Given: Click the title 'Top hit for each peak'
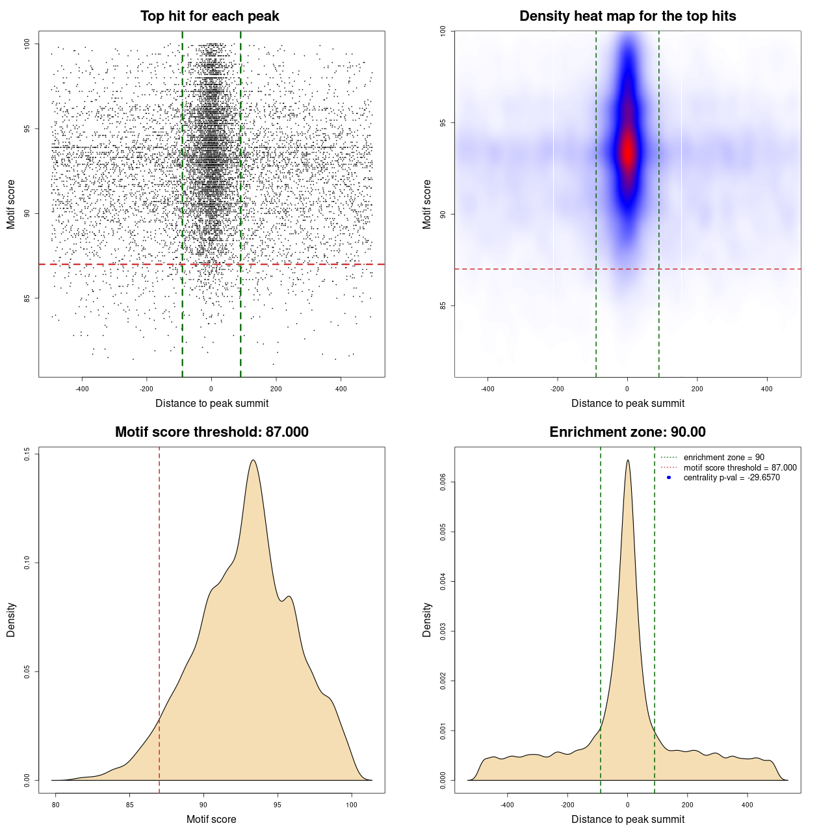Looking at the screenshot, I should click(x=209, y=16).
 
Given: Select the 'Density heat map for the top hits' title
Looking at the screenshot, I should click(x=627, y=16).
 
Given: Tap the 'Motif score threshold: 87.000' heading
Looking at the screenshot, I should click(x=211, y=432).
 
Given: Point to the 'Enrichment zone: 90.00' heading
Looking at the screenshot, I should click(x=627, y=432).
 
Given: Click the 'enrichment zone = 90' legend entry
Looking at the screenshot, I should click(x=723, y=458).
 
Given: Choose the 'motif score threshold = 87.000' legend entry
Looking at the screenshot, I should click(x=740, y=467).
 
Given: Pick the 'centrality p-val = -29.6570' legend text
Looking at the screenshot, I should click(x=731, y=478).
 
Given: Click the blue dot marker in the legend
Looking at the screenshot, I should click(x=669, y=478).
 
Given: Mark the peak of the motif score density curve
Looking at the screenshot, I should click(x=253, y=460).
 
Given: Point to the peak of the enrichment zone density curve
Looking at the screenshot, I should click(x=627, y=460).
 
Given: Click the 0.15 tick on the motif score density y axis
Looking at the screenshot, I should click(x=27, y=453).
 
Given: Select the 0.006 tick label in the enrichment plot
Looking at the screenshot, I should click(x=443, y=482).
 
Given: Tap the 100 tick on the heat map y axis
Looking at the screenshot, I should click(x=443, y=31).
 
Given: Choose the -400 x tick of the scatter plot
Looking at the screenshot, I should click(x=82, y=389).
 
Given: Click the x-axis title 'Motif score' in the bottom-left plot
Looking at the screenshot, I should click(x=211, y=819).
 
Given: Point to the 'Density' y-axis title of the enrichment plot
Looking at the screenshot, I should click(x=427, y=619).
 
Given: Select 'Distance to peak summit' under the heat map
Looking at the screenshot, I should click(x=627, y=403).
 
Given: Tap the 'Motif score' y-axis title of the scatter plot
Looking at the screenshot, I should click(x=11, y=204).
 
